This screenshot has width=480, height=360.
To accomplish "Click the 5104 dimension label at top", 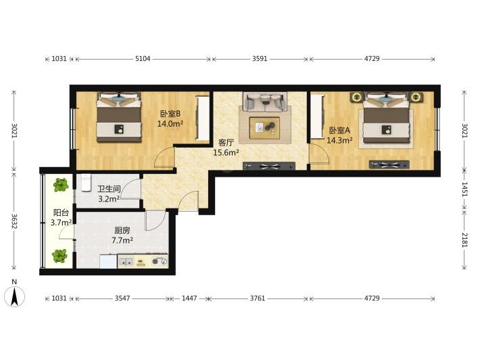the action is (143, 58).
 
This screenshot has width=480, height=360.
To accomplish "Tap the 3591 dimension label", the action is (260, 58).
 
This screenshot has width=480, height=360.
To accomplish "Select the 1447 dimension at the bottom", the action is (189, 298).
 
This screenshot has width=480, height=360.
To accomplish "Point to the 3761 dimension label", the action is (258, 298).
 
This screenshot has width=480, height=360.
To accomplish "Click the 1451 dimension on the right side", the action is (464, 189).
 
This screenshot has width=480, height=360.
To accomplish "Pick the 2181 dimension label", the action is (464, 240).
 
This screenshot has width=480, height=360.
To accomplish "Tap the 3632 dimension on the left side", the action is (14, 221).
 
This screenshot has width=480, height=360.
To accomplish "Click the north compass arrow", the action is (14, 296).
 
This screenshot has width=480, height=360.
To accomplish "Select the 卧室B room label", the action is (170, 114).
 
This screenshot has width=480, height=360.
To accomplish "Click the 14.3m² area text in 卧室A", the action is (339, 140).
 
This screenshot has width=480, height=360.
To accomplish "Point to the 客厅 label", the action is (226, 143).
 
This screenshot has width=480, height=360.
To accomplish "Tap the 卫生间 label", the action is (109, 189).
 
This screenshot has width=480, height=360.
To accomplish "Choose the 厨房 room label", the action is (122, 230).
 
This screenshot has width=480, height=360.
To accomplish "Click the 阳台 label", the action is (61, 212).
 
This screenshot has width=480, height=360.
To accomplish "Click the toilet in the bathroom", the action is (87, 183).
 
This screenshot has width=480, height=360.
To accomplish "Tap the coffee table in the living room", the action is (264, 128).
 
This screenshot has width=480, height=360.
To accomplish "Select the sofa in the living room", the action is (265, 102).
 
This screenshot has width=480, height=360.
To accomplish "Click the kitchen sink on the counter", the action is (126, 262).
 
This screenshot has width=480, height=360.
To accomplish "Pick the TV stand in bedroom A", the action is (389, 165).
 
